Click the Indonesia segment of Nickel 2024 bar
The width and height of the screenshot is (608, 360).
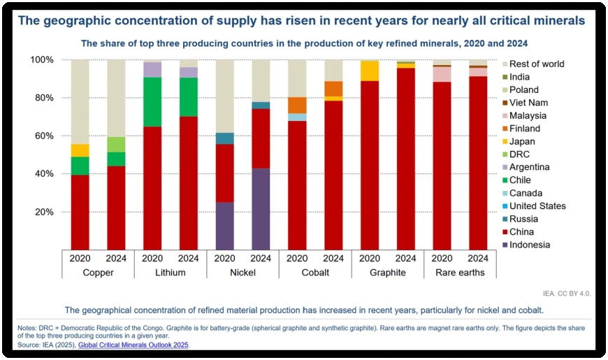[x=261, y=208]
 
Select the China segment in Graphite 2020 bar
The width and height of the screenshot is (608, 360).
[x=370, y=164]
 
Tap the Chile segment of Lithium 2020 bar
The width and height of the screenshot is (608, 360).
[x=152, y=101]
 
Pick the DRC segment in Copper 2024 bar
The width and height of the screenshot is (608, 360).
[x=116, y=144]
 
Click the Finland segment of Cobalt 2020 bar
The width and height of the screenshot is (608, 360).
[x=297, y=105]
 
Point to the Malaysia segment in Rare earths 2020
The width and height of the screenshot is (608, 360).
[x=442, y=74]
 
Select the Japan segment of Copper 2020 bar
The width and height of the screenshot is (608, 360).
[x=80, y=150]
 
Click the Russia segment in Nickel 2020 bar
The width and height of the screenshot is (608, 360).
[x=225, y=138]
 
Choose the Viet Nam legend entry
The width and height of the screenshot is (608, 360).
[x=529, y=103]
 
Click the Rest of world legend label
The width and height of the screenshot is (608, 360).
[x=537, y=64]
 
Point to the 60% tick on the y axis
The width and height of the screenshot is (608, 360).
[x=43, y=136]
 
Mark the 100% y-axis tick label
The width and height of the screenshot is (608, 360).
[x=40, y=60]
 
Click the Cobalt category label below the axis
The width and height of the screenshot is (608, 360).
[x=315, y=273]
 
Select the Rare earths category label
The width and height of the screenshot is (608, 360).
[x=460, y=273]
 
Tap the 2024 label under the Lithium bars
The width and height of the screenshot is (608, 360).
[x=189, y=257]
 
